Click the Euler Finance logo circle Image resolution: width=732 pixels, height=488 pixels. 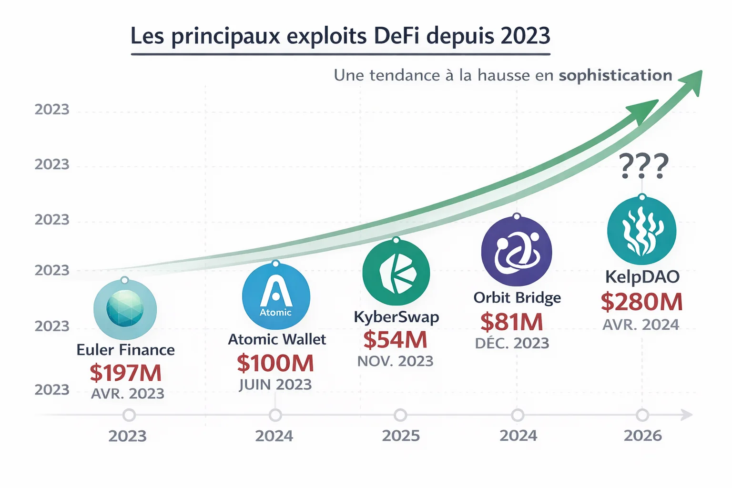pyautogui.click(x=125, y=309)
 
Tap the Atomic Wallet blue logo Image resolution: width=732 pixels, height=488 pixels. pyautogui.click(x=276, y=296)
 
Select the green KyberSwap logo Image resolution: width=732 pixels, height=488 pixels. pyautogui.click(x=396, y=273)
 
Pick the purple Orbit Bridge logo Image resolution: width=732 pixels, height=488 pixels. pyautogui.click(x=517, y=251)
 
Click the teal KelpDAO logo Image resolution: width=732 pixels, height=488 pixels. pyautogui.click(x=641, y=231)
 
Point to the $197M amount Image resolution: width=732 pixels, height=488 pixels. pyautogui.click(x=126, y=373)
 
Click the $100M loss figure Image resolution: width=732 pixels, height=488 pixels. pyautogui.click(x=275, y=363)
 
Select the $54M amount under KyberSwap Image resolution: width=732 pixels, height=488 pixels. pyautogui.click(x=395, y=340)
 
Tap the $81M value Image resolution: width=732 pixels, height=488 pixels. pyautogui.click(x=511, y=322)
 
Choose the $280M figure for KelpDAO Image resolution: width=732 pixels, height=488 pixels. pyautogui.click(x=641, y=302)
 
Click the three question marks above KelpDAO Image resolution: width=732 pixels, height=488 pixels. pyautogui.click(x=644, y=166)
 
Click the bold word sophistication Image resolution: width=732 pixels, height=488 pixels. pyautogui.click(x=615, y=75)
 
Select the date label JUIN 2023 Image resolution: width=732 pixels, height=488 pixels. pyautogui.click(x=275, y=385)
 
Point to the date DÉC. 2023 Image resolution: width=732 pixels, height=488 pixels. pyautogui.click(x=512, y=343)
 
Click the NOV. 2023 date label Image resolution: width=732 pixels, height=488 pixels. pyautogui.click(x=395, y=361)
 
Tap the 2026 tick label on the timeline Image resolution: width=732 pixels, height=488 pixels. pyautogui.click(x=642, y=436)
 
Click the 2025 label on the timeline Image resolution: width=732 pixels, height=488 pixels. pyautogui.click(x=401, y=436)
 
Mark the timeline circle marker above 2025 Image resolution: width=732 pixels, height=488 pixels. pyautogui.click(x=400, y=415)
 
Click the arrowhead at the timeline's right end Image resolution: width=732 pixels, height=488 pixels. pyautogui.click(x=687, y=415)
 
